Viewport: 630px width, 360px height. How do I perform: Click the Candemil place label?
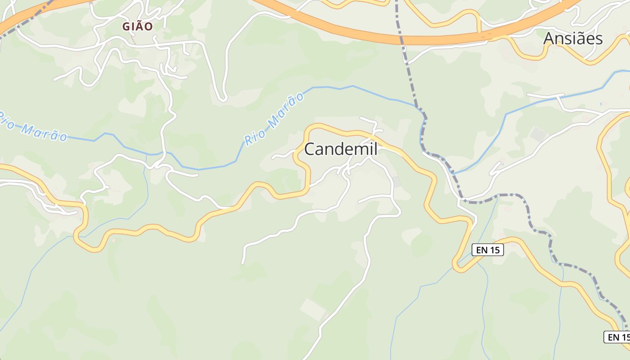341,149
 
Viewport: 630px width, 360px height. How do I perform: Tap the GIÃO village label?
138,27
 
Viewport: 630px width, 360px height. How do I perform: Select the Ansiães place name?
572,39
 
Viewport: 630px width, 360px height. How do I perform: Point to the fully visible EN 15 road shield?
487,250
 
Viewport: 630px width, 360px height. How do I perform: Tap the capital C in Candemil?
310,149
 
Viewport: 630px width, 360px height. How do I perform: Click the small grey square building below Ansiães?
538,134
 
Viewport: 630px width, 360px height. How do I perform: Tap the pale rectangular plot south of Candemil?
313,309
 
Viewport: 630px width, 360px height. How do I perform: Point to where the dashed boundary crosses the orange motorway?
401,40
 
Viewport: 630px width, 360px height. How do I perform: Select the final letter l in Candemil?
375,149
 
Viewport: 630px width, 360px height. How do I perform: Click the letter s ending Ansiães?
598,39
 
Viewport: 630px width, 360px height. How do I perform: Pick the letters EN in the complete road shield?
481,250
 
